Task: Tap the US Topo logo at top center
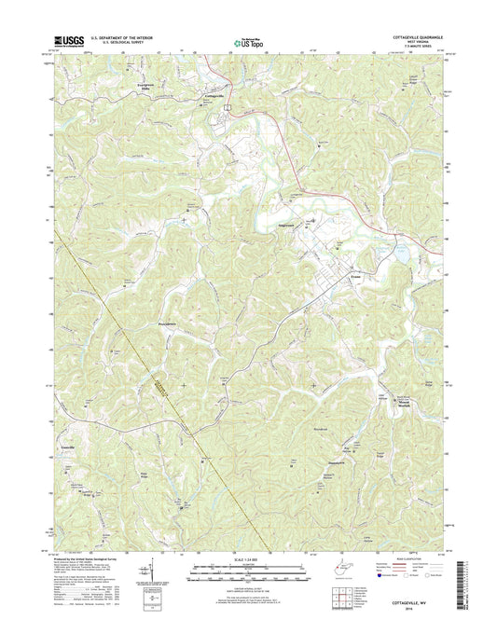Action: pyautogui.click(x=247, y=41)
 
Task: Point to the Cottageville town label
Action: pyautogui.click(x=214, y=96)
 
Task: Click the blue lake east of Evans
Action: pyautogui.click(x=395, y=253)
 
